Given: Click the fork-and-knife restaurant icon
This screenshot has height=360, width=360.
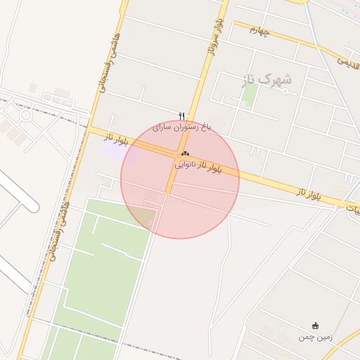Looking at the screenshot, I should tap(182, 116).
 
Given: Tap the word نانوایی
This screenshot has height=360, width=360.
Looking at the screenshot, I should tap(188, 165).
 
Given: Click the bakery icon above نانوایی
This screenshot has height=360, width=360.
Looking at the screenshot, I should tap(185, 154).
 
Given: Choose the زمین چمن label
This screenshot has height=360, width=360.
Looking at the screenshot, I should tap(315, 337).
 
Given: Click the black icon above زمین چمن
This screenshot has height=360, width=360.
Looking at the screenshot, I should tap(316, 326).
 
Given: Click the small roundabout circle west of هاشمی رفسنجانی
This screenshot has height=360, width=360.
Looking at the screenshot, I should tap(26, 115).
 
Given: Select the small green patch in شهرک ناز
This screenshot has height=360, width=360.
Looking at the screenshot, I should tap(249, 95).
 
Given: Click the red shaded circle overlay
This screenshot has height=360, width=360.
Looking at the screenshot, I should tap(204, 204).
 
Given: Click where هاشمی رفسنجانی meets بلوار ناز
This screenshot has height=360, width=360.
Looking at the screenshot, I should tap(90, 129).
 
